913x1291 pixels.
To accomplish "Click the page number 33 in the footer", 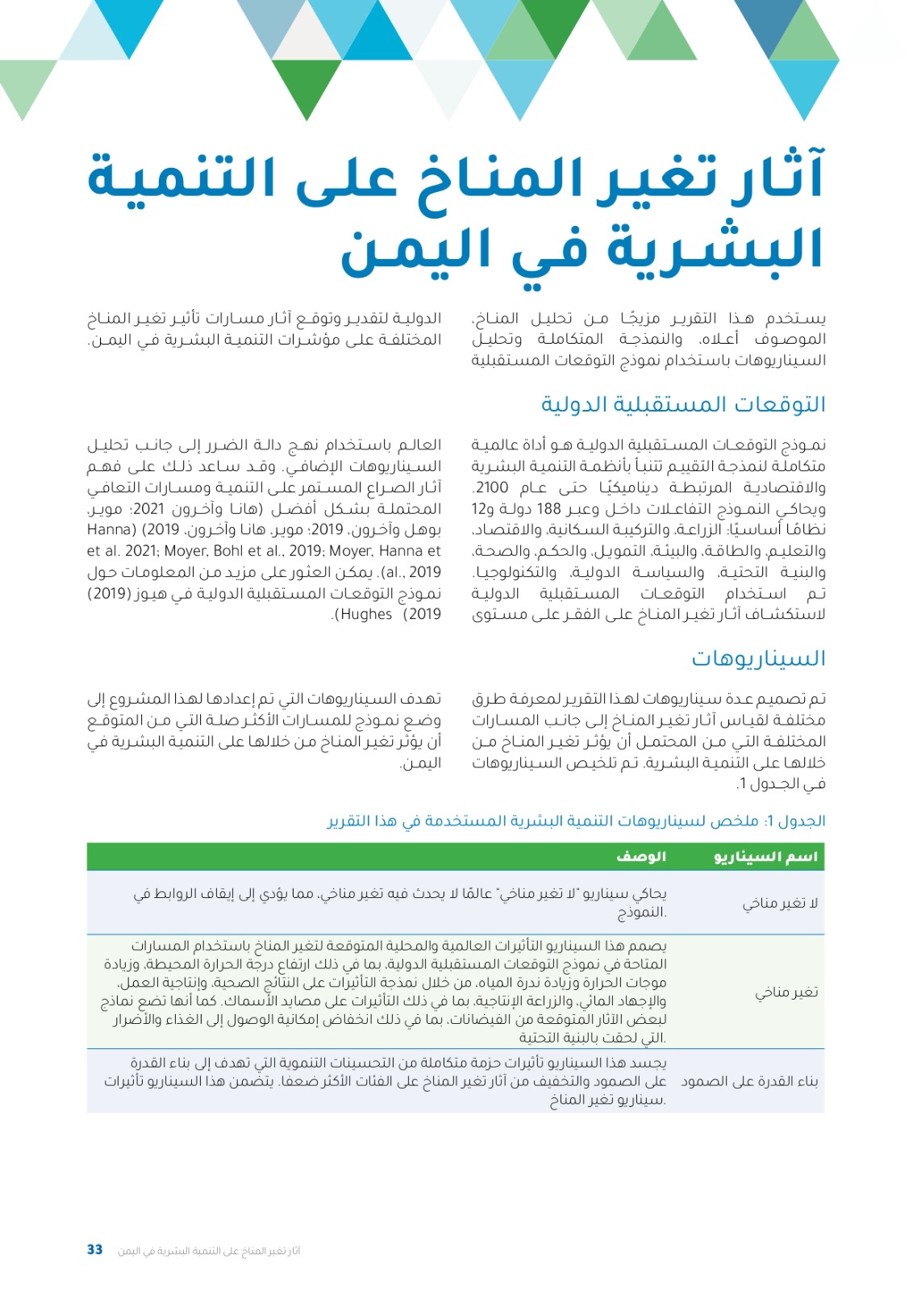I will point(94,1250).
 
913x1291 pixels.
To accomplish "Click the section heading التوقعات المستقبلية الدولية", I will point(683,404).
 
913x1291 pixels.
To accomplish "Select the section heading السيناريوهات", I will point(758,658).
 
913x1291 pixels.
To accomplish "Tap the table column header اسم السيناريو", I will point(765,857).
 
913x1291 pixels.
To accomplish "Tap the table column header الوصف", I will point(641,857).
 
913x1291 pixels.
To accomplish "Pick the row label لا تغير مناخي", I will point(780,903).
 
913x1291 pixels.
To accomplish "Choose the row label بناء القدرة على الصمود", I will point(749,1081).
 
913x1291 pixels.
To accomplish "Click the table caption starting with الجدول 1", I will point(576,821).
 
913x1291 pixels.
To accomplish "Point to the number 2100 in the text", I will point(492,487).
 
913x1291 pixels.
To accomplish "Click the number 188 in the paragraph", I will point(548,509).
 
